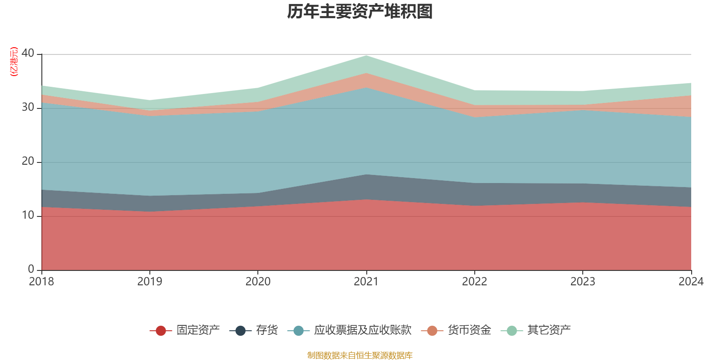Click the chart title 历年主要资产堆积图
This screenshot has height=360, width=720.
360,12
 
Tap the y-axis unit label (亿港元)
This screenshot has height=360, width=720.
14,62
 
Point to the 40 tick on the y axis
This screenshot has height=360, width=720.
27,53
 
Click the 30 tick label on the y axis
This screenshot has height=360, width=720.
27,107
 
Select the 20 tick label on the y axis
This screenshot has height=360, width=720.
27,161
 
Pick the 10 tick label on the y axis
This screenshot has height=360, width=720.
27,215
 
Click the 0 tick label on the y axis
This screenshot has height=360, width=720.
31,269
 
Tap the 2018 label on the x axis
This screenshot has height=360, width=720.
41,282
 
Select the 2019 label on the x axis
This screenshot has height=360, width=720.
149,282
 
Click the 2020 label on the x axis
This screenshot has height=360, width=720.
258,282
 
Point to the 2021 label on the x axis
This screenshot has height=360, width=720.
366,282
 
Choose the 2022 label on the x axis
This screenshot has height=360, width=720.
474,282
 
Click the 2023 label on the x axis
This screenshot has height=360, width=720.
583,282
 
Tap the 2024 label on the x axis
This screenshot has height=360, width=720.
691,282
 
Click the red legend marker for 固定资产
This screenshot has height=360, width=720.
161,331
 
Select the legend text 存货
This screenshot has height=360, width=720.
267,330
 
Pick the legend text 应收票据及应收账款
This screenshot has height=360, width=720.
363,330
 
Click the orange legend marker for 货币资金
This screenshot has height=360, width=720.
432,331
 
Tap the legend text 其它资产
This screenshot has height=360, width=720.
549,330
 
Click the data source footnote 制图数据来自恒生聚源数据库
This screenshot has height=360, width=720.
360,355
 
